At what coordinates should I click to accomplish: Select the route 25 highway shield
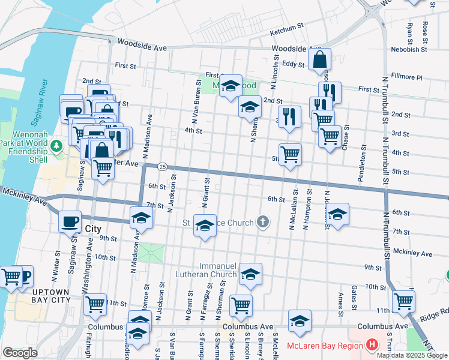click(x=163, y=166)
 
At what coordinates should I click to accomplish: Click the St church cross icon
click(x=262, y=223)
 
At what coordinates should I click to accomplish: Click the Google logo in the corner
click(x=20, y=353)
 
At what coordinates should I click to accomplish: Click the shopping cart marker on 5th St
click(x=290, y=154)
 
